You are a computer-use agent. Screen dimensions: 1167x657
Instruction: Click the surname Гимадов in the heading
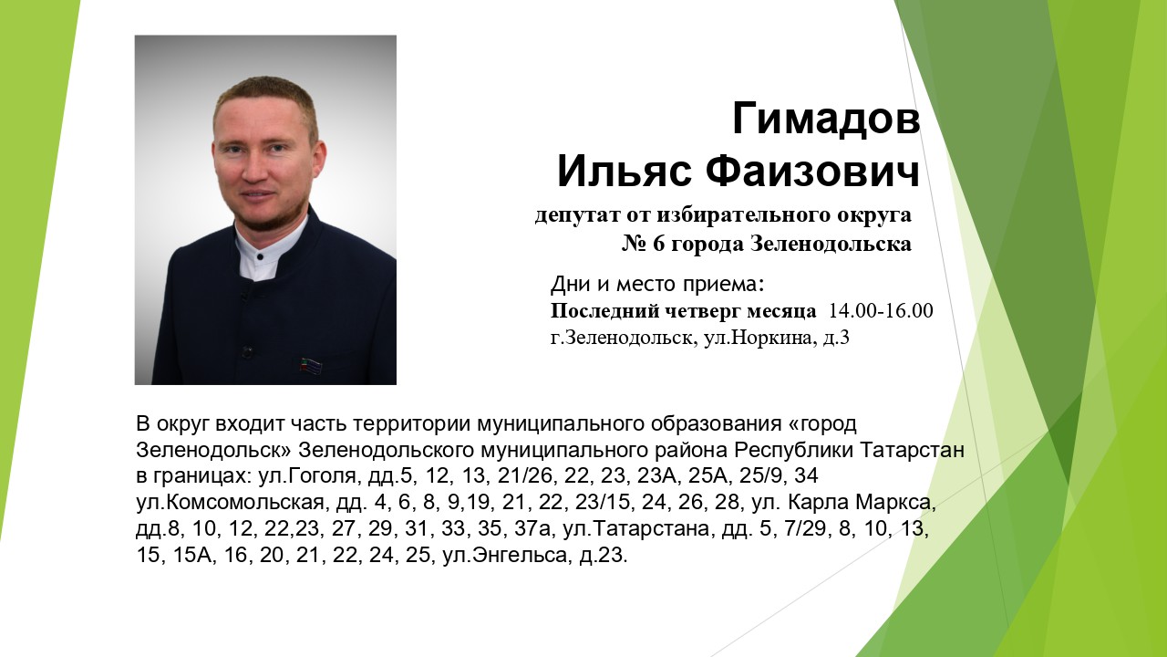(826, 119)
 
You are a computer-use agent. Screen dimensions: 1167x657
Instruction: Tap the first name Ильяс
(625, 172)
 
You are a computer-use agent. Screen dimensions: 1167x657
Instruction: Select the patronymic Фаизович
(812, 172)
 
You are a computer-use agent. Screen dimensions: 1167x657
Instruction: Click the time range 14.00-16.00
(881, 311)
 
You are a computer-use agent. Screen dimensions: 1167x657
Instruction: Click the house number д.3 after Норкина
(836, 338)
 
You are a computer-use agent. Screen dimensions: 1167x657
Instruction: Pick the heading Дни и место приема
(657, 284)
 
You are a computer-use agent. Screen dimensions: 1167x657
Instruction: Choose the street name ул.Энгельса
(504, 556)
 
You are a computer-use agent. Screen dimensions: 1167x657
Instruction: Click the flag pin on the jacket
(311, 365)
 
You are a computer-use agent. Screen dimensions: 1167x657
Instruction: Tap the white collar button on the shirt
(260, 256)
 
